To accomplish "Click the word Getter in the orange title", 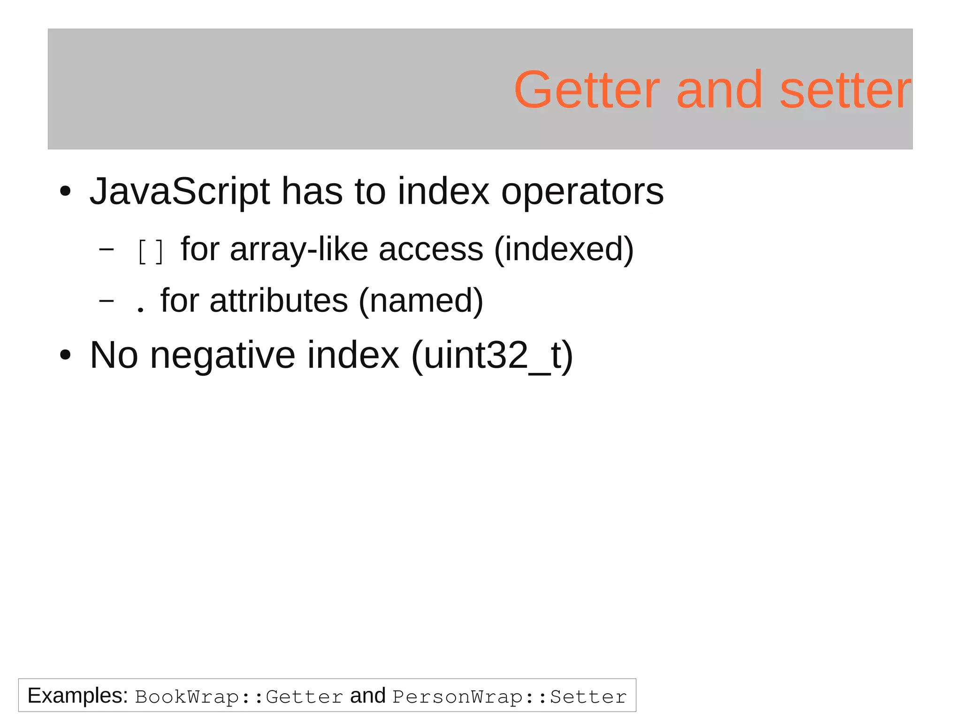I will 587,90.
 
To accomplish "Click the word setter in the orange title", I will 845,90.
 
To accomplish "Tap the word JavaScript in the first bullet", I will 179,191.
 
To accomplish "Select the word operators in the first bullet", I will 582,191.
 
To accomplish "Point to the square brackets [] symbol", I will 151,251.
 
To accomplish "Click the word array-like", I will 298,249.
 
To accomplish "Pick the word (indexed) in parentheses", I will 564,249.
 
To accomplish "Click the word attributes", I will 279,301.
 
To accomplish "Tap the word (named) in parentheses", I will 420,301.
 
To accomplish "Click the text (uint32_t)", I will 492,355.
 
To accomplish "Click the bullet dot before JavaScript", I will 65,192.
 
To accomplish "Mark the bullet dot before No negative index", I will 65,356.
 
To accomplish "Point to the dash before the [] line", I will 107,249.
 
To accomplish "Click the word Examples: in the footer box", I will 77,696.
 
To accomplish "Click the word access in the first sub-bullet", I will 431,249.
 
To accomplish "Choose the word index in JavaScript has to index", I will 443,191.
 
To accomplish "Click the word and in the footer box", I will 367,696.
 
